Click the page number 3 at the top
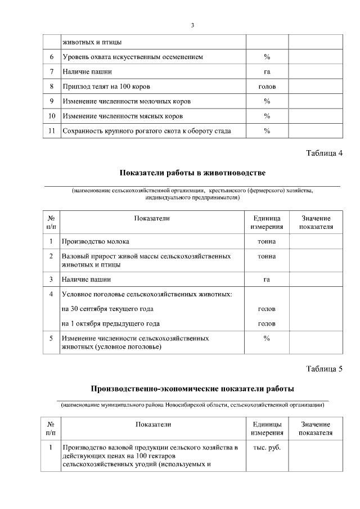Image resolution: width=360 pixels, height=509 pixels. point(192,25)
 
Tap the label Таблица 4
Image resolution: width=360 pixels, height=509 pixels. point(324,154)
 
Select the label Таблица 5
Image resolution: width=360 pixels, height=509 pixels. point(324,369)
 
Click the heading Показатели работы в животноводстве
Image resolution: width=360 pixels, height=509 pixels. point(192,172)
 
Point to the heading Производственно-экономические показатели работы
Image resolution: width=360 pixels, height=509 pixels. point(192,389)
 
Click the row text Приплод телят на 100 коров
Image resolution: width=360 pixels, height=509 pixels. point(106,87)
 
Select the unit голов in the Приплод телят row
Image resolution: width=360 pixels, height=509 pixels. point(267,87)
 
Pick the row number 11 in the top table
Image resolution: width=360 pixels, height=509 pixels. point(51,131)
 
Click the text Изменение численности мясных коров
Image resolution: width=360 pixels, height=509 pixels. point(127,116)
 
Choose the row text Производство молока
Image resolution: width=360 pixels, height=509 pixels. point(96,241)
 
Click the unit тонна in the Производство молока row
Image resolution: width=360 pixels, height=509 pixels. point(267,241)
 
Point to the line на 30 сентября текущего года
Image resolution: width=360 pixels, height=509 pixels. point(107,309)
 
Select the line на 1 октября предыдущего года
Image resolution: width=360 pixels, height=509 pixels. point(111,323)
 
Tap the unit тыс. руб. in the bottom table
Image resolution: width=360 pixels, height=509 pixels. point(267,448)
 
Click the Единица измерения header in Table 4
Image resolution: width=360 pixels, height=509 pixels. point(267,223)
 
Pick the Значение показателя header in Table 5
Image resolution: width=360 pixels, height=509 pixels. point(316,429)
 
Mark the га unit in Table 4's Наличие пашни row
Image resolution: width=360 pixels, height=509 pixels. point(267,279)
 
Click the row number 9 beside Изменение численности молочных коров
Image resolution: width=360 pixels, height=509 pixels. point(51,101)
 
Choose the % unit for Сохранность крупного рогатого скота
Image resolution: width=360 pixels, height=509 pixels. point(267,131)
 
